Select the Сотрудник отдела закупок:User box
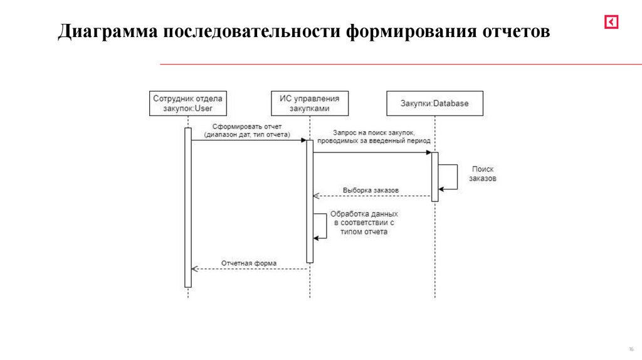click(187, 103)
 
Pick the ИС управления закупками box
click(310, 103)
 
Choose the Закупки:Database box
click(434, 103)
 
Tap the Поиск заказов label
click(483, 174)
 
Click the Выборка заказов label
click(371, 190)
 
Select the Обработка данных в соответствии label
click(364, 223)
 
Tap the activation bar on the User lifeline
click(187, 207)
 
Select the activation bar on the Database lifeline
click(434, 176)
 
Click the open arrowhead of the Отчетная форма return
click(194, 269)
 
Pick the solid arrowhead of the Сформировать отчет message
click(303, 140)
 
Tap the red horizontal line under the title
click(401, 64)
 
